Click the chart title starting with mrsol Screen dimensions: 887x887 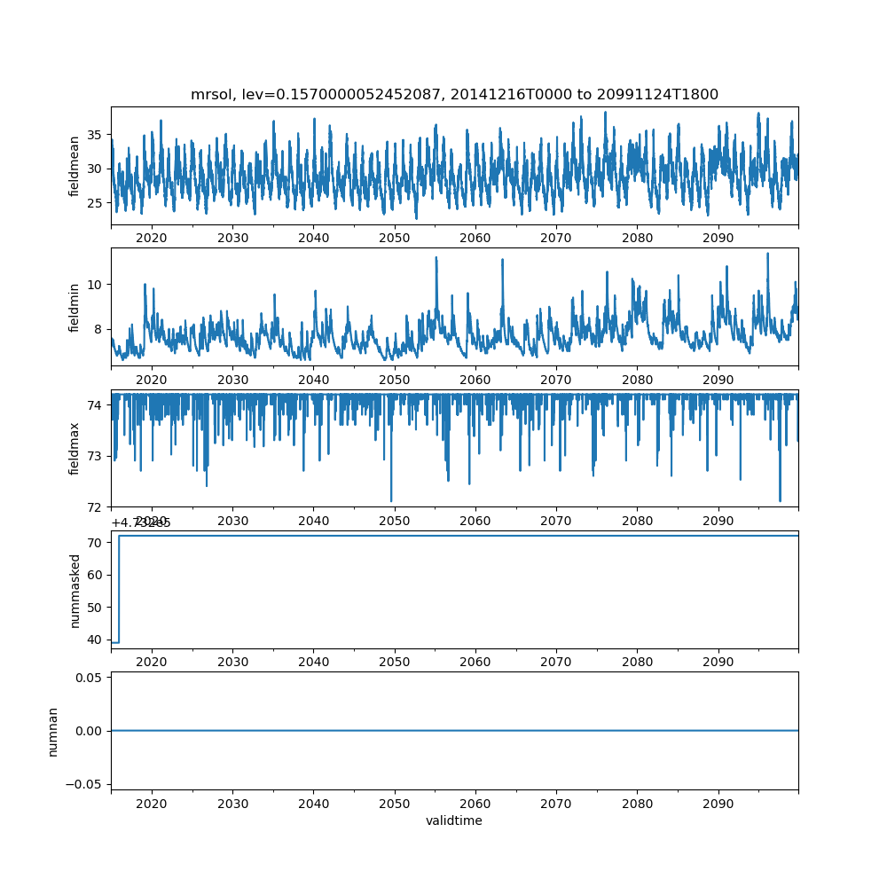coord(454,94)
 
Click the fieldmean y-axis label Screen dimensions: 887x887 coord(75,166)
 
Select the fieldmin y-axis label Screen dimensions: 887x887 coord(75,307)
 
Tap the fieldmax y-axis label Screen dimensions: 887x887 coord(75,448)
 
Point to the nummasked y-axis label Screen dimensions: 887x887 coord(75,590)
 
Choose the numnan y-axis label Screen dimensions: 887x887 coord(53,731)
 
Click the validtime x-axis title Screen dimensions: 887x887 coord(454,820)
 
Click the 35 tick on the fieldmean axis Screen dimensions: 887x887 coord(95,135)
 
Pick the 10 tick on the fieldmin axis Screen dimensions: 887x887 coord(95,284)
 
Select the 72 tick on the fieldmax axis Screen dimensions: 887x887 coord(95,506)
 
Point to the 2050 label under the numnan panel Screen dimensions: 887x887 coord(395,803)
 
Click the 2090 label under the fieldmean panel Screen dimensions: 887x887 coord(718,238)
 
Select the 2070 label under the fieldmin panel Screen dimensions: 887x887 coord(556,379)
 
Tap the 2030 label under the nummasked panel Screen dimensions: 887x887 coord(232,662)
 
